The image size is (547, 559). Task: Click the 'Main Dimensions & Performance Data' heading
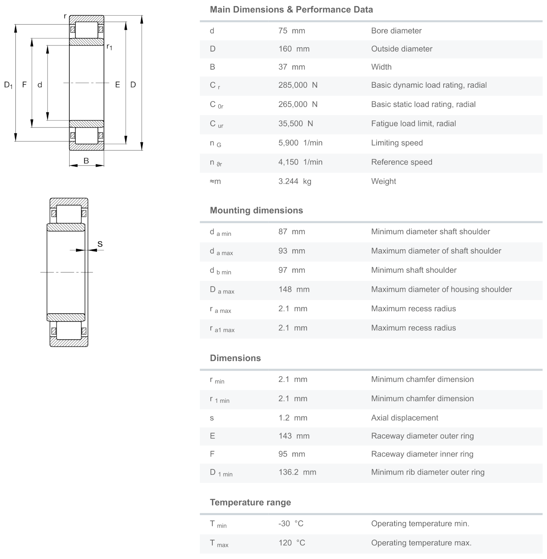(x=291, y=10)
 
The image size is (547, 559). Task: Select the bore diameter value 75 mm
(x=292, y=31)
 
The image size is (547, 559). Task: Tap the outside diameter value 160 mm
(x=294, y=49)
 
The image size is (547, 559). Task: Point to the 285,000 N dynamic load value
(x=298, y=85)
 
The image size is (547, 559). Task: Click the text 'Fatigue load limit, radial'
(x=413, y=124)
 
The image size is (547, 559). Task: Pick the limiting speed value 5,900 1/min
(x=300, y=143)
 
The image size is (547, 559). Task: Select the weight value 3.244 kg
(x=294, y=182)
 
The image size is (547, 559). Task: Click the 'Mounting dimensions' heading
(x=256, y=210)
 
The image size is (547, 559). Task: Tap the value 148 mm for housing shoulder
(x=294, y=289)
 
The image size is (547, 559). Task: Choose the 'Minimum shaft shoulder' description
(x=413, y=270)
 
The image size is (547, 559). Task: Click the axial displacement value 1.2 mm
(x=292, y=418)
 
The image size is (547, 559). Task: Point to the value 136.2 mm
(x=297, y=472)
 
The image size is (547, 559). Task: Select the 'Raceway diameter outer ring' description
(x=422, y=436)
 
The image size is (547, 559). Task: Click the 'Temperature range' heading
(x=250, y=503)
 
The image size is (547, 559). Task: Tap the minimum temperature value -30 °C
(x=291, y=524)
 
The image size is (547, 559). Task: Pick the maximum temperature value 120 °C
(x=292, y=543)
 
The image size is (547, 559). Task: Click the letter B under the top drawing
(x=86, y=161)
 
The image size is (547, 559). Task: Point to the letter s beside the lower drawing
(x=100, y=244)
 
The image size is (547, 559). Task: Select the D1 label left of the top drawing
(x=8, y=85)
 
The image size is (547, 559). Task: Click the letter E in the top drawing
(x=117, y=85)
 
